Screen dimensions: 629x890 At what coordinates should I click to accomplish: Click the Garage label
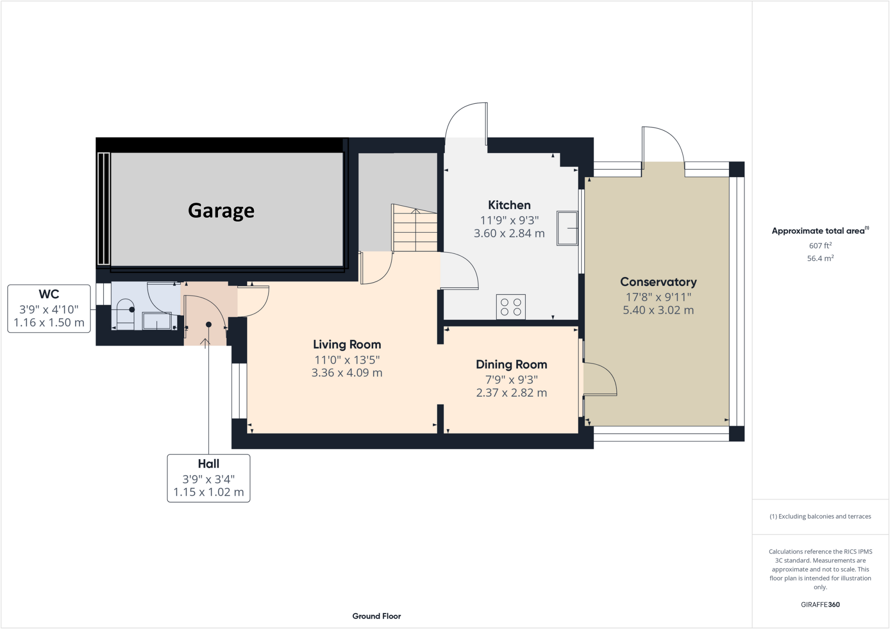pyautogui.click(x=221, y=211)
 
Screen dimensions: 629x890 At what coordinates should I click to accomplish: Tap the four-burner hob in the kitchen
pyautogui.click(x=511, y=307)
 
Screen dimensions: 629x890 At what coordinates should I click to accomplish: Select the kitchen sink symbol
pyautogui.click(x=567, y=228)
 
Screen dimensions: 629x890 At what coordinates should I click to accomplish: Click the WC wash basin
pyautogui.click(x=157, y=321)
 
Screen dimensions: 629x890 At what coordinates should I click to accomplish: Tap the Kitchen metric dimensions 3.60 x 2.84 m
pyautogui.click(x=509, y=234)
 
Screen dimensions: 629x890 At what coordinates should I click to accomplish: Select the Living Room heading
pyautogui.click(x=347, y=345)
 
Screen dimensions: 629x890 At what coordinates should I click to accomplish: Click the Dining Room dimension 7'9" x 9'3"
pyautogui.click(x=511, y=380)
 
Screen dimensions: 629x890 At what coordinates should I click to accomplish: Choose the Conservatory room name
pyautogui.click(x=658, y=282)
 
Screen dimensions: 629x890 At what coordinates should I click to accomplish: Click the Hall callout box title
pyautogui.click(x=208, y=464)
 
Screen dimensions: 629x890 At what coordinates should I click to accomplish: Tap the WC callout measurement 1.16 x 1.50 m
pyautogui.click(x=49, y=323)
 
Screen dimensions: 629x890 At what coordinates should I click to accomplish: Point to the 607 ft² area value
pyautogui.click(x=820, y=246)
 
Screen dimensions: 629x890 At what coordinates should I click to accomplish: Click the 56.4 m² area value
pyautogui.click(x=820, y=259)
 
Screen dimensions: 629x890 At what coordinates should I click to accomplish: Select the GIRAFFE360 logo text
pyautogui.click(x=820, y=605)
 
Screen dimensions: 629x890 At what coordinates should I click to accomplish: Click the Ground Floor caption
pyautogui.click(x=376, y=616)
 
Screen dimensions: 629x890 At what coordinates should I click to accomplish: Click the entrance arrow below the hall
pyautogui.click(x=205, y=342)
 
